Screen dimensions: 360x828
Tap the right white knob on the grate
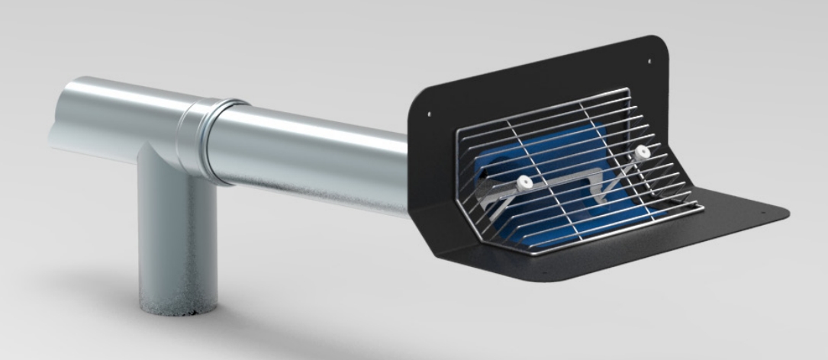tap(646, 153)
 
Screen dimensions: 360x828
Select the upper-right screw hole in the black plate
tap(649, 59)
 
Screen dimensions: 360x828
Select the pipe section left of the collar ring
tap(122, 114)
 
